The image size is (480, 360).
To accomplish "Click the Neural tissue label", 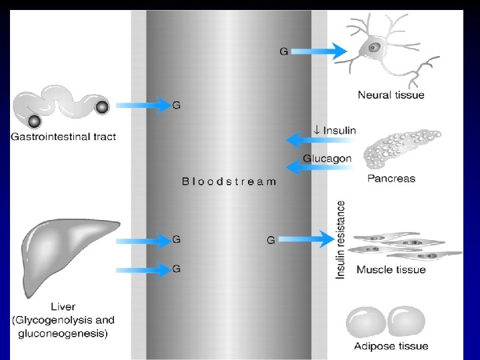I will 391,95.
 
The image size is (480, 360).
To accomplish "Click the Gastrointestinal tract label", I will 63,137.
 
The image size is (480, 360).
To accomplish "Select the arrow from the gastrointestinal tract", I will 143,105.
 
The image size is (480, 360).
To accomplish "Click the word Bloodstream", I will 229,181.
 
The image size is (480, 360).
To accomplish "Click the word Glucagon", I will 327,159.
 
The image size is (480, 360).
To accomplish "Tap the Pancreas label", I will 391,179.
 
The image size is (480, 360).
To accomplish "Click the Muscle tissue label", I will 391,270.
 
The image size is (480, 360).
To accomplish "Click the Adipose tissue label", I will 391,346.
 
